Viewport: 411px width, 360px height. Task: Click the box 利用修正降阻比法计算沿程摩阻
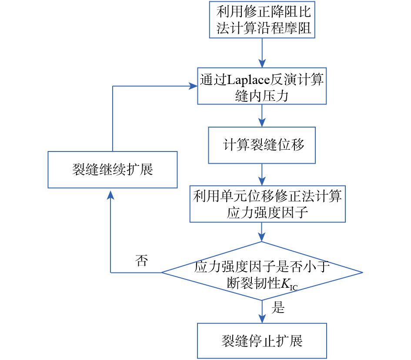click(262, 20)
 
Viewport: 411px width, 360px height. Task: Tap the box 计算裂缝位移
click(262, 145)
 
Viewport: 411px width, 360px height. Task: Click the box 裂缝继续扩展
click(112, 169)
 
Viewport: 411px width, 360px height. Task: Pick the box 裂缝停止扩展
click(262, 340)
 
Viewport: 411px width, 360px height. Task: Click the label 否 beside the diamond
click(141, 261)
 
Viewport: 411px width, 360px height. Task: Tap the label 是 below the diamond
click(278, 308)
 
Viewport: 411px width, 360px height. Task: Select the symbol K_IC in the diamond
click(288, 284)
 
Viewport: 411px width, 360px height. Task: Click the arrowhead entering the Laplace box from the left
click(194, 86)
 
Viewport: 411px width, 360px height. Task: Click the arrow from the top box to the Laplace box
click(262, 52)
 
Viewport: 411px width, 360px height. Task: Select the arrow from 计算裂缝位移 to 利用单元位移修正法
click(262, 174)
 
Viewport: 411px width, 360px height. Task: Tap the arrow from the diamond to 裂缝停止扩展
click(262, 311)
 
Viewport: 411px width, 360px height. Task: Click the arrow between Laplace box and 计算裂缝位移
click(262, 115)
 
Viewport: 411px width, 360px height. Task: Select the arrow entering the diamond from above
click(262, 232)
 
